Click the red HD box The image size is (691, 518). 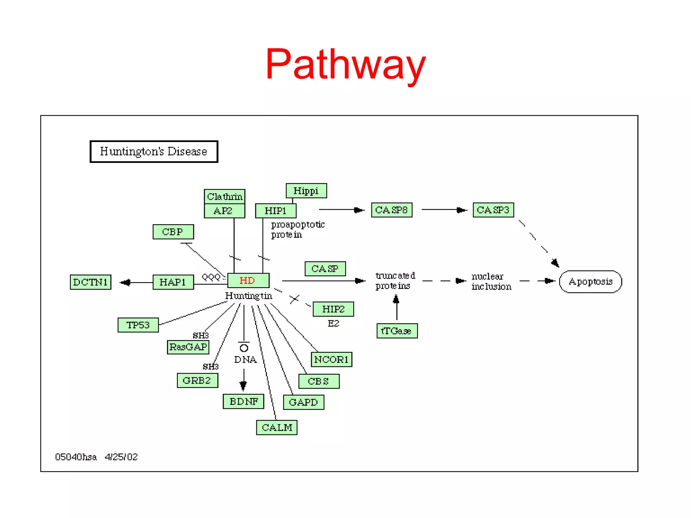[248, 280]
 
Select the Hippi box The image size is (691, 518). [306, 191]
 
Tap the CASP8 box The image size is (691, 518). [391, 210]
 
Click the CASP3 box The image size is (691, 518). [493, 210]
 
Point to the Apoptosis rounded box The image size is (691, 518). [590, 282]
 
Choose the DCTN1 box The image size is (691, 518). [90, 282]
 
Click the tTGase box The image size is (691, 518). [397, 331]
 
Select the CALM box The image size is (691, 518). [277, 427]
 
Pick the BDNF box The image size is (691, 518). [243, 401]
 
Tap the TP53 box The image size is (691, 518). [138, 325]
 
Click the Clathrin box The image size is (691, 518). [224, 196]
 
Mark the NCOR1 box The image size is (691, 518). [331, 359]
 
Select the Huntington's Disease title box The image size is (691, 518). [154, 151]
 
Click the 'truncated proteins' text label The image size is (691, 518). [395, 281]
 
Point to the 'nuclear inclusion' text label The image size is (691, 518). [491, 281]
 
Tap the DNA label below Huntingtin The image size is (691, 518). [245, 359]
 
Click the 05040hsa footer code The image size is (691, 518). [76, 457]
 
